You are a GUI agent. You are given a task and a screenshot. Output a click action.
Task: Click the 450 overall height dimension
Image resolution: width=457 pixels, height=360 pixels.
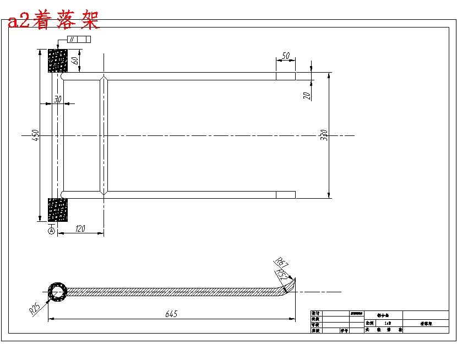tap(35, 134)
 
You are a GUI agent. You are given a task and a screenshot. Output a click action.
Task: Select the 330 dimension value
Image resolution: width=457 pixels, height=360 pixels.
tap(324, 134)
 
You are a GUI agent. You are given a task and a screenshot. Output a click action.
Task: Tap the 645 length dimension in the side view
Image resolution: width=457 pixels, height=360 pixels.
tap(172, 314)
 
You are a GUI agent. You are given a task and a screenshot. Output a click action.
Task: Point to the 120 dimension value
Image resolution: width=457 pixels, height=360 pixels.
tap(80, 228)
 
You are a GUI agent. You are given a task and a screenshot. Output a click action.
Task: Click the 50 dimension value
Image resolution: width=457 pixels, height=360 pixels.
tap(285, 56)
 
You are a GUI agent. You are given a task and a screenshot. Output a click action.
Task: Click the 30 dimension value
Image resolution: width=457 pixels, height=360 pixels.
tap(57, 99)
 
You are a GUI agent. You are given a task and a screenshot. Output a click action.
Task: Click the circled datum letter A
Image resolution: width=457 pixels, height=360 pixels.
tap(52, 232)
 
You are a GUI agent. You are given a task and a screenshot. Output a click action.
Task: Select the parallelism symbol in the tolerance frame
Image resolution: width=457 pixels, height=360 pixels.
tap(72, 39)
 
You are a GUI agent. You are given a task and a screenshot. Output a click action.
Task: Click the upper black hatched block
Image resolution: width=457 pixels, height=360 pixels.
tap(58, 61)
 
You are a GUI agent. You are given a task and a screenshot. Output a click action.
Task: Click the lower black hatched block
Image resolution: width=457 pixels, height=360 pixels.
tap(57, 210)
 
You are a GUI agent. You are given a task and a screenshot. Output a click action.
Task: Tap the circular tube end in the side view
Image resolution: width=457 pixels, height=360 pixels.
tap(57, 292)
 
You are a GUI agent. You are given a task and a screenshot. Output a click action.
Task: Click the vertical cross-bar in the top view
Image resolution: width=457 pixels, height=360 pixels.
tap(104, 135)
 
